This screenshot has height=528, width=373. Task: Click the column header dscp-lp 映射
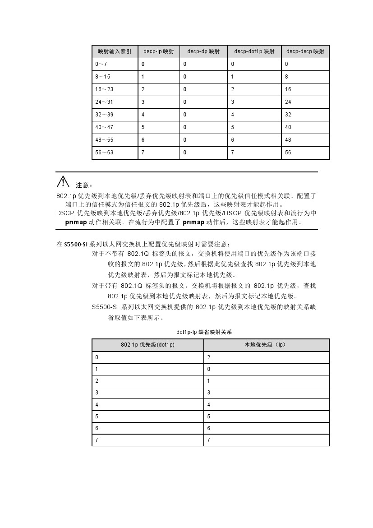click(156, 51)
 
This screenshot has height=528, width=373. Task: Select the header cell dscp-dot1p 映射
click(254, 51)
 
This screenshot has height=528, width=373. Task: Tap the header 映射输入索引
click(115, 51)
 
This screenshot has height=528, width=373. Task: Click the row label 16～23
click(104, 89)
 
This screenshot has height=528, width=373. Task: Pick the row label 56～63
click(104, 153)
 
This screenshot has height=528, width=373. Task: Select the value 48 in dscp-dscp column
click(288, 140)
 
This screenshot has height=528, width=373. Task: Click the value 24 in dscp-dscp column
click(288, 102)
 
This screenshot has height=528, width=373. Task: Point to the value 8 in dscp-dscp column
click(287, 77)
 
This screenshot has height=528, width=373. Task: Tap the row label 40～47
click(104, 127)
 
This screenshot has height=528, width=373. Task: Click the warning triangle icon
click(63, 182)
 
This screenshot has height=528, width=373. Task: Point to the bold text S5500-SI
click(75, 244)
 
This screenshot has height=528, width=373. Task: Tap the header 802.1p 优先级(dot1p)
click(147, 345)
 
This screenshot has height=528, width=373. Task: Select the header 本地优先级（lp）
click(266, 345)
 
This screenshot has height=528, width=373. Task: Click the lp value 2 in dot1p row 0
click(209, 357)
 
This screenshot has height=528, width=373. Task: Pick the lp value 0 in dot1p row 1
click(209, 369)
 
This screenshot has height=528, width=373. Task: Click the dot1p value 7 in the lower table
click(97, 440)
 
